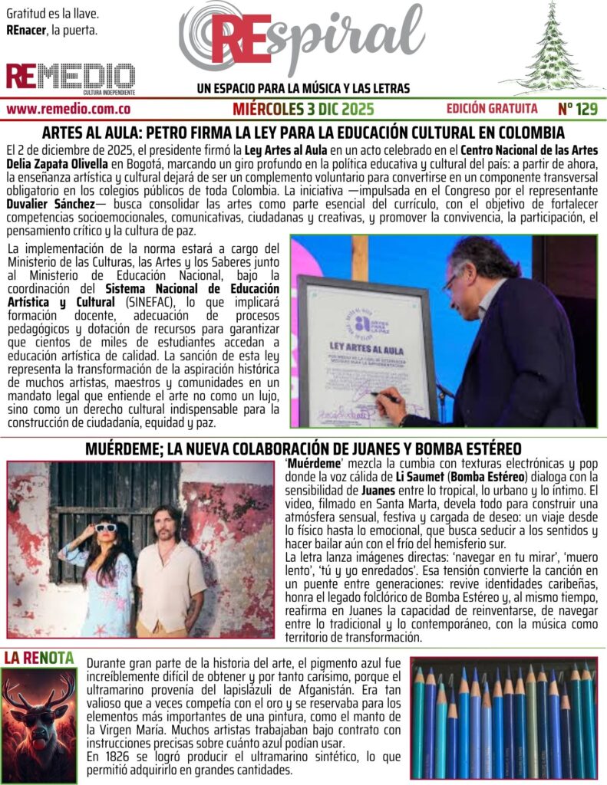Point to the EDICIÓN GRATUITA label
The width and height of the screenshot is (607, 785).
coord(492,109)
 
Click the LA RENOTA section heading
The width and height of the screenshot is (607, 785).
coord(39,657)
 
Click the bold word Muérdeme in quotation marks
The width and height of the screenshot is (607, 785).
coord(308,464)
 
